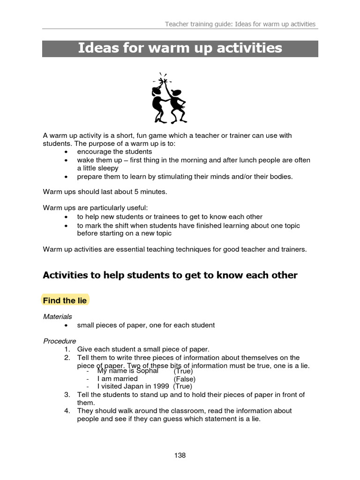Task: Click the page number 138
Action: point(180,455)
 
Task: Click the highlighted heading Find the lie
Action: point(65,300)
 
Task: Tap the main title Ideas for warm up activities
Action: point(180,48)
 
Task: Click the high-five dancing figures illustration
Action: point(168,98)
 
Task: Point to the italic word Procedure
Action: point(60,341)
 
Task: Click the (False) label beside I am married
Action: point(185,379)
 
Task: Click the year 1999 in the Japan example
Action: point(162,386)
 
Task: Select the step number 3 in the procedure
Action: point(67,395)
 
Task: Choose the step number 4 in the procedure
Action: point(67,411)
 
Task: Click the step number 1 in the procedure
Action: point(67,349)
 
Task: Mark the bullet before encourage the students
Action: point(67,152)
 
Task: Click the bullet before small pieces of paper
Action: point(67,325)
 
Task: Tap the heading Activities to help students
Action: point(170,275)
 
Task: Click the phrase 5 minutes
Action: point(150,192)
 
